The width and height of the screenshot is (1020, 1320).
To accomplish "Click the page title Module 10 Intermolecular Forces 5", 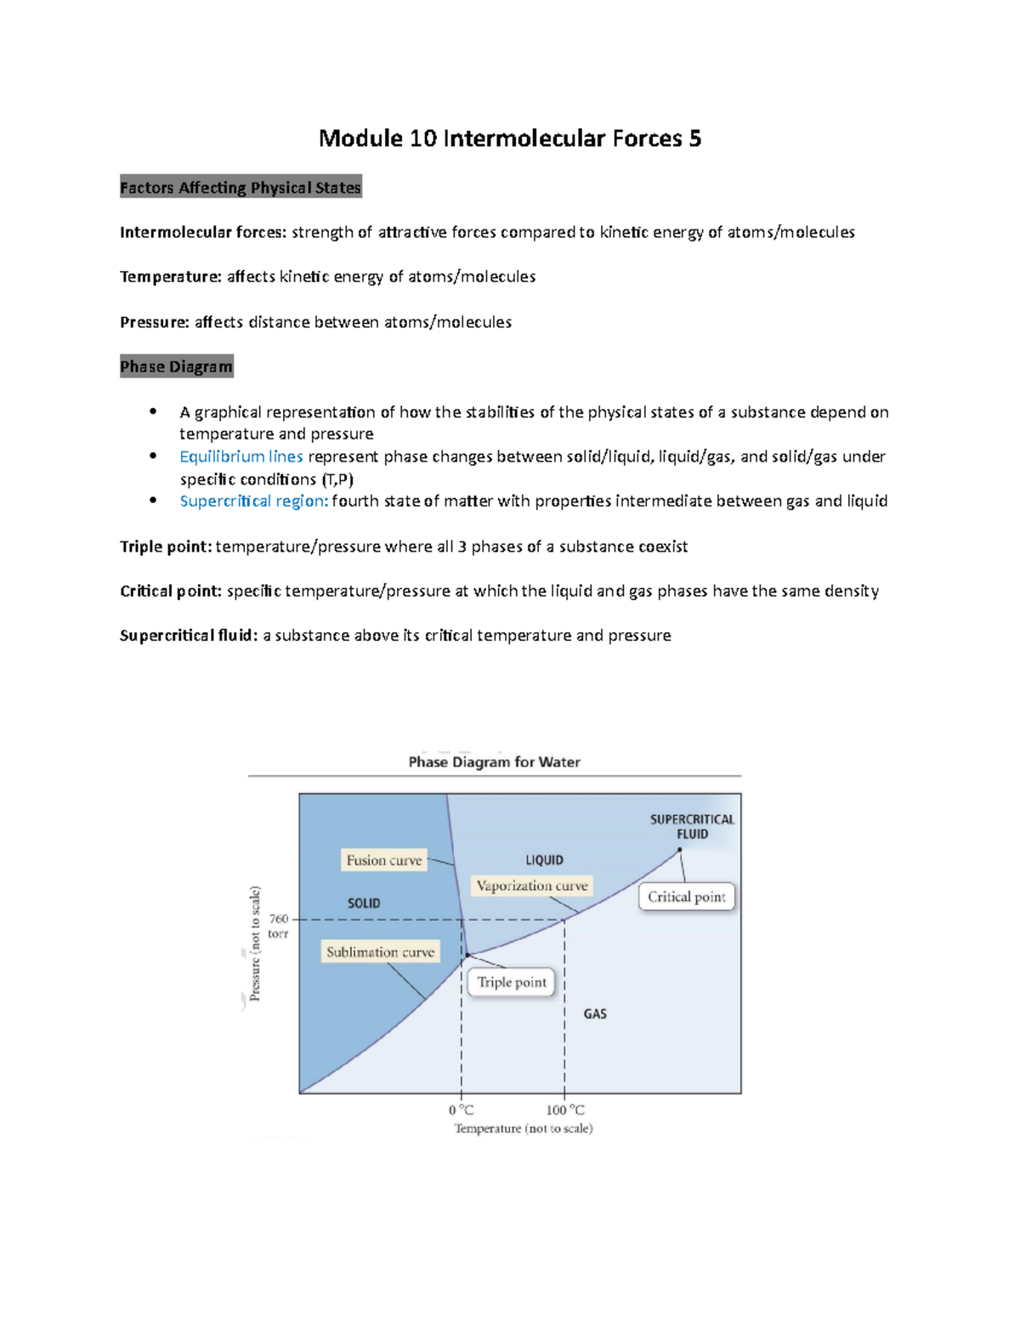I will click(x=509, y=139).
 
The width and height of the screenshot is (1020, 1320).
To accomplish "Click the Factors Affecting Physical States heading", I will click(x=241, y=188).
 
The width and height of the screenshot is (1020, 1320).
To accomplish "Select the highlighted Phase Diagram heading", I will click(x=176, y=366).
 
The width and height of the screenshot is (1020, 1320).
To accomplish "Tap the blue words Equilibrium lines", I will click(x=241, y=456).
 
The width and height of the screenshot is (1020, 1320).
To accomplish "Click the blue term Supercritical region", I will click(x=253, y=501).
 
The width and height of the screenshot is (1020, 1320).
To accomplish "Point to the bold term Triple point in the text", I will click(x=166, y=547).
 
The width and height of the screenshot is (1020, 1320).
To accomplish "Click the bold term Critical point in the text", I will click(x=171, y=591).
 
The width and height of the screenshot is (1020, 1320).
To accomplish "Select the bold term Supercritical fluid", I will click(x=188, y=635).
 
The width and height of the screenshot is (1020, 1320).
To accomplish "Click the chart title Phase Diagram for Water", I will click(x=494, y=762).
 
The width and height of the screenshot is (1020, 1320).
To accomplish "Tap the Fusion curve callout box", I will click(x=383, y=860).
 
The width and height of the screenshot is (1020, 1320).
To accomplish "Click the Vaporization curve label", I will click(x=532, y=886).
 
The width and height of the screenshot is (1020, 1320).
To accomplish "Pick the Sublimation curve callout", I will click(x=380, y=952).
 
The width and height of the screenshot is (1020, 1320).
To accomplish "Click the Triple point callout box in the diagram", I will click(x=512, y=983).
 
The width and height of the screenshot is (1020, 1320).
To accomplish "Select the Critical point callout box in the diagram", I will click(x=686, y=897).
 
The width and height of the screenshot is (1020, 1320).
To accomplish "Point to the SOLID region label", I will click(x=364, y=904).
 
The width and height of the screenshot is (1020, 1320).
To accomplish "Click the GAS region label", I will click(x=595, y=1014).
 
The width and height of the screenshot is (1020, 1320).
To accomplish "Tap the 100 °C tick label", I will click(x=565, y=1110).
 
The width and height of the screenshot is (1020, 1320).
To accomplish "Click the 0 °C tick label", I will click(x=461, y=1110).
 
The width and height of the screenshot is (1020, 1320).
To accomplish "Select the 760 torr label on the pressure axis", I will click(x=278, y=926).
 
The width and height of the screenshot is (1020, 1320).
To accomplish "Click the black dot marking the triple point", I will click(x=467, y=956).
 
